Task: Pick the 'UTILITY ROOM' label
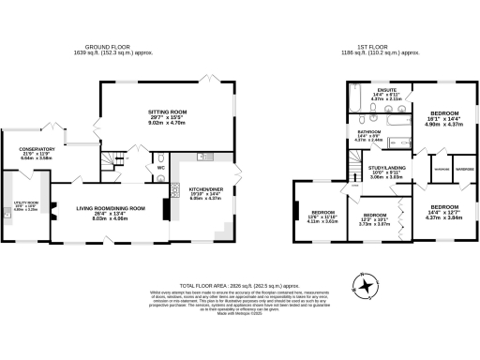coord(15,202)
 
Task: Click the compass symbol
coord(365,284)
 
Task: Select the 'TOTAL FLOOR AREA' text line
coord(240,284)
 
